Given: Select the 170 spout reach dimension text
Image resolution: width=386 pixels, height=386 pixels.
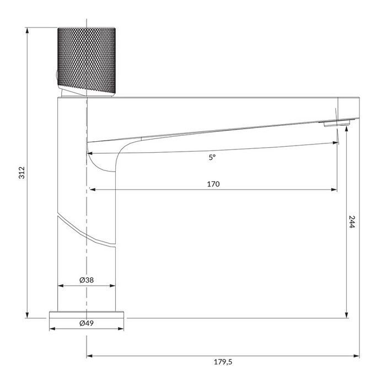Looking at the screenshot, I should pyautogui.click(x=213, y=184).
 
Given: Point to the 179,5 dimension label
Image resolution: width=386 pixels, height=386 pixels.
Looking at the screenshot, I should pyautogui.click(x=222, y=362).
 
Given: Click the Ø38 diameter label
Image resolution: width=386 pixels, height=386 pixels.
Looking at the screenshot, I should pyautogui.click(x=87, y=280).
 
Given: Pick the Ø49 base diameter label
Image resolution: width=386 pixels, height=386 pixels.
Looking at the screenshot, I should pyautogui.click(x=87, y=323).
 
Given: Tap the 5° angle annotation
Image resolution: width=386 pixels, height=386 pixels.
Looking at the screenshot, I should pyautogui.click(x=212, y=157).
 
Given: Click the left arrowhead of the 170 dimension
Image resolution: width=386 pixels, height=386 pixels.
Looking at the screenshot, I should pyautogui.click(x=91, y=190).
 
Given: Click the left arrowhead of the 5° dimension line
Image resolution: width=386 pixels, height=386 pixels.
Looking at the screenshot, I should pyautogui.click(x=90, y=152).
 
